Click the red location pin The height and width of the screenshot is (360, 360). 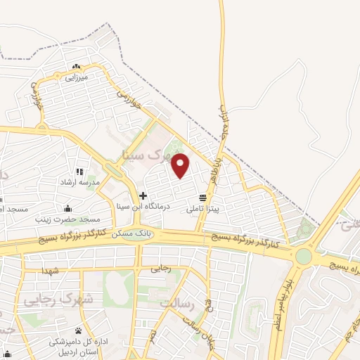[181, 165]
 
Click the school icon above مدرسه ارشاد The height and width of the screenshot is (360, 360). [79, 172]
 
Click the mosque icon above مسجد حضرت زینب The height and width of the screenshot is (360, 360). [67, 208]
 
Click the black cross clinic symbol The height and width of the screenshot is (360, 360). [143, 195]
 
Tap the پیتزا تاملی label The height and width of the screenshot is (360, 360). [203, 209]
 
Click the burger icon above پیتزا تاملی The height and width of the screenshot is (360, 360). [202, 198]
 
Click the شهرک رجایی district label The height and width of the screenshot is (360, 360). [49, 300]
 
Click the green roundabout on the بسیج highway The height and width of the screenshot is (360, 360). [303, 256]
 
